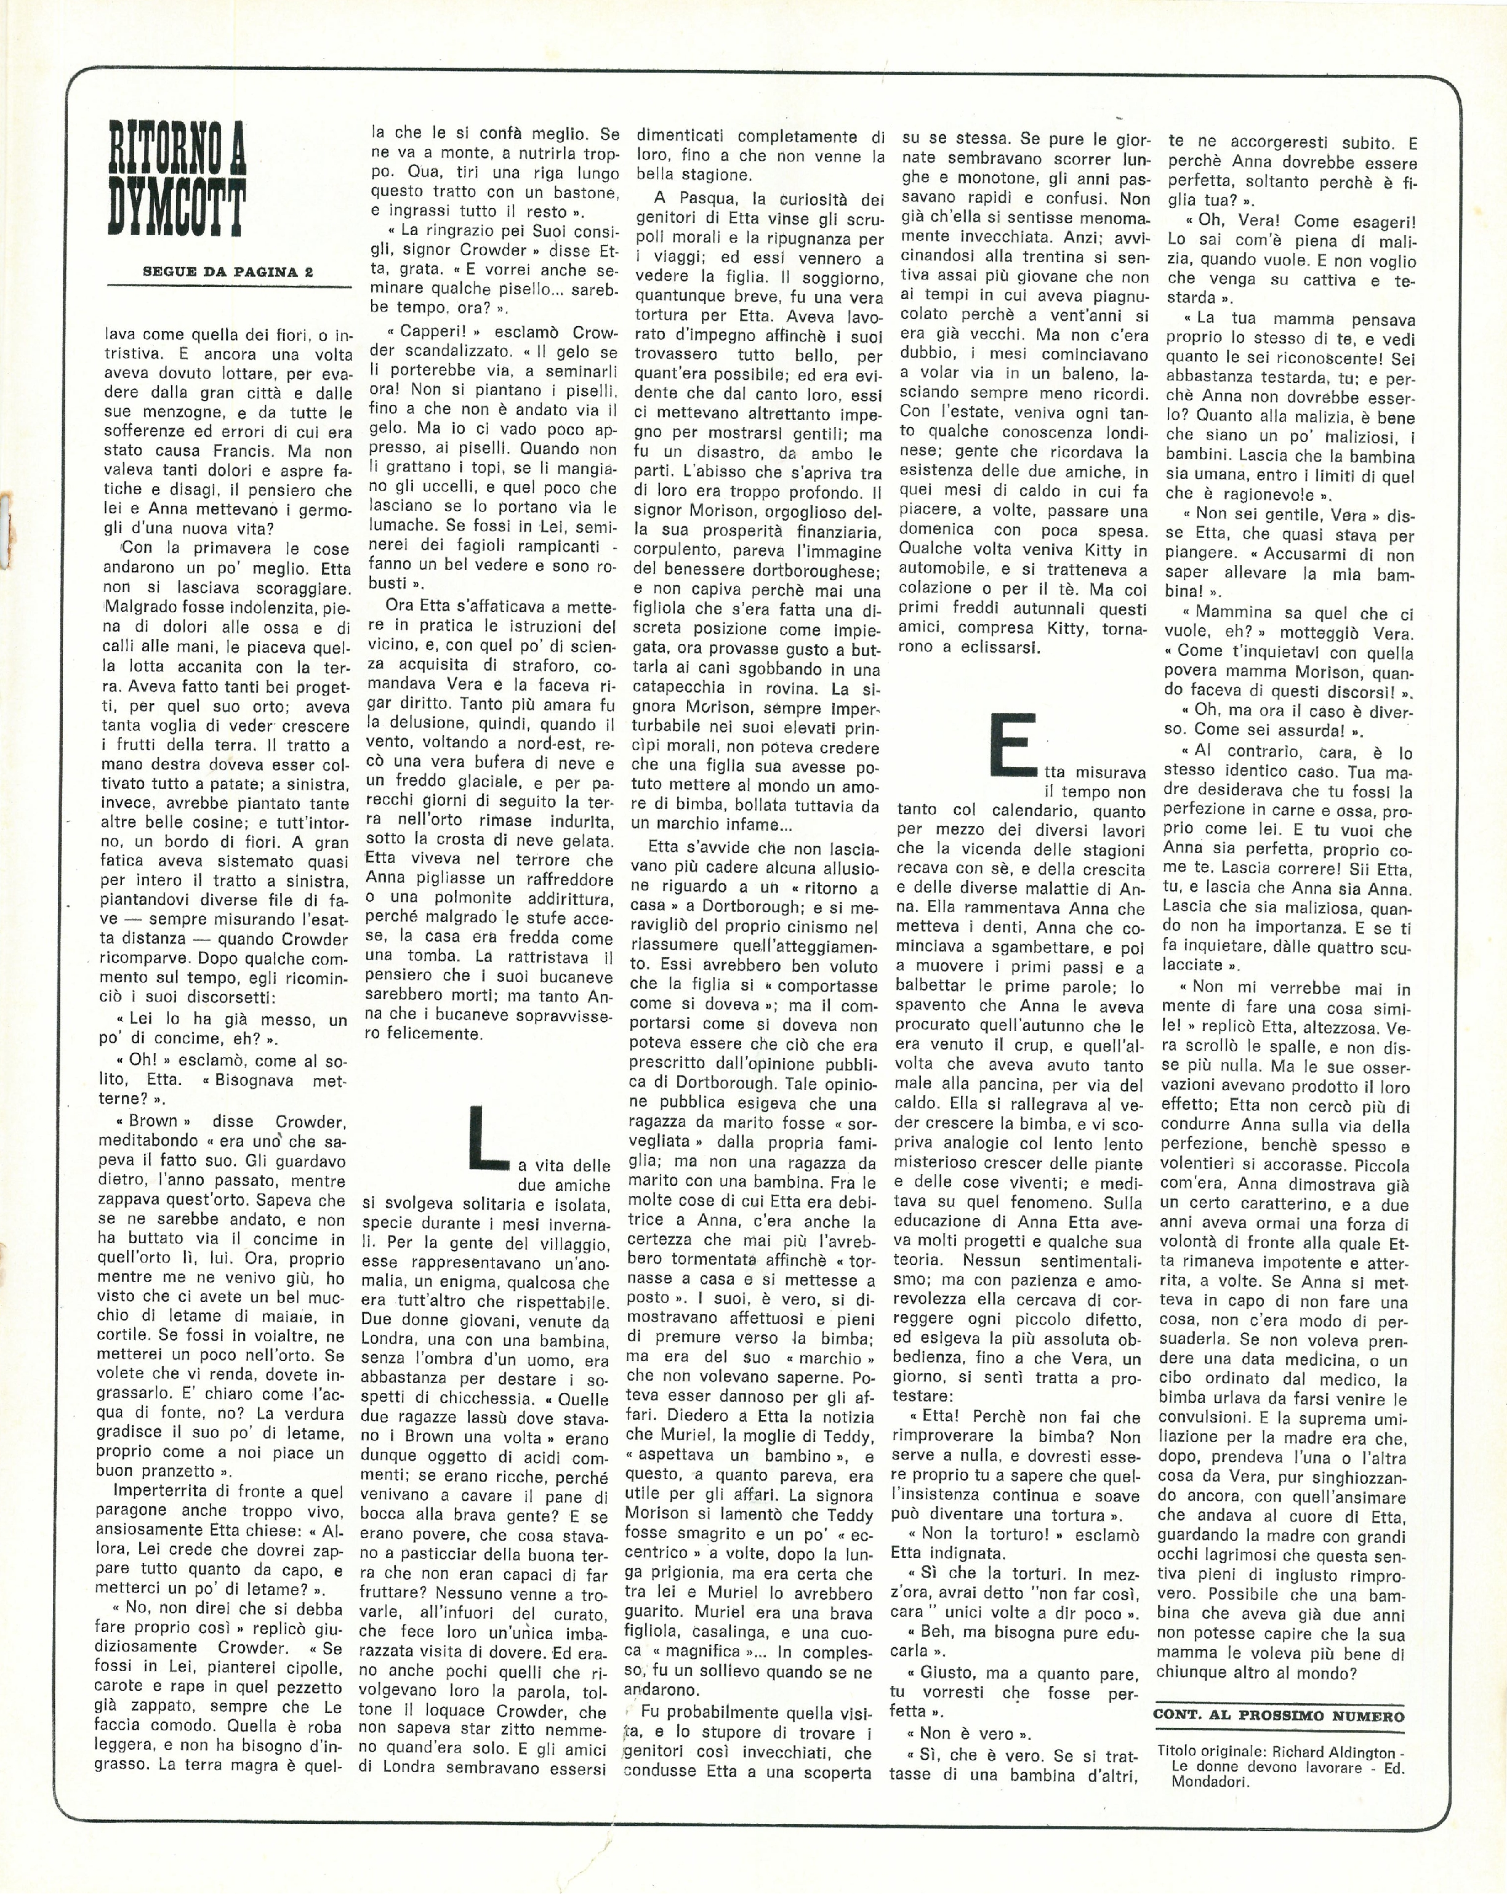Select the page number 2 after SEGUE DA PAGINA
pyautogui.click(x=308, y=271)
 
